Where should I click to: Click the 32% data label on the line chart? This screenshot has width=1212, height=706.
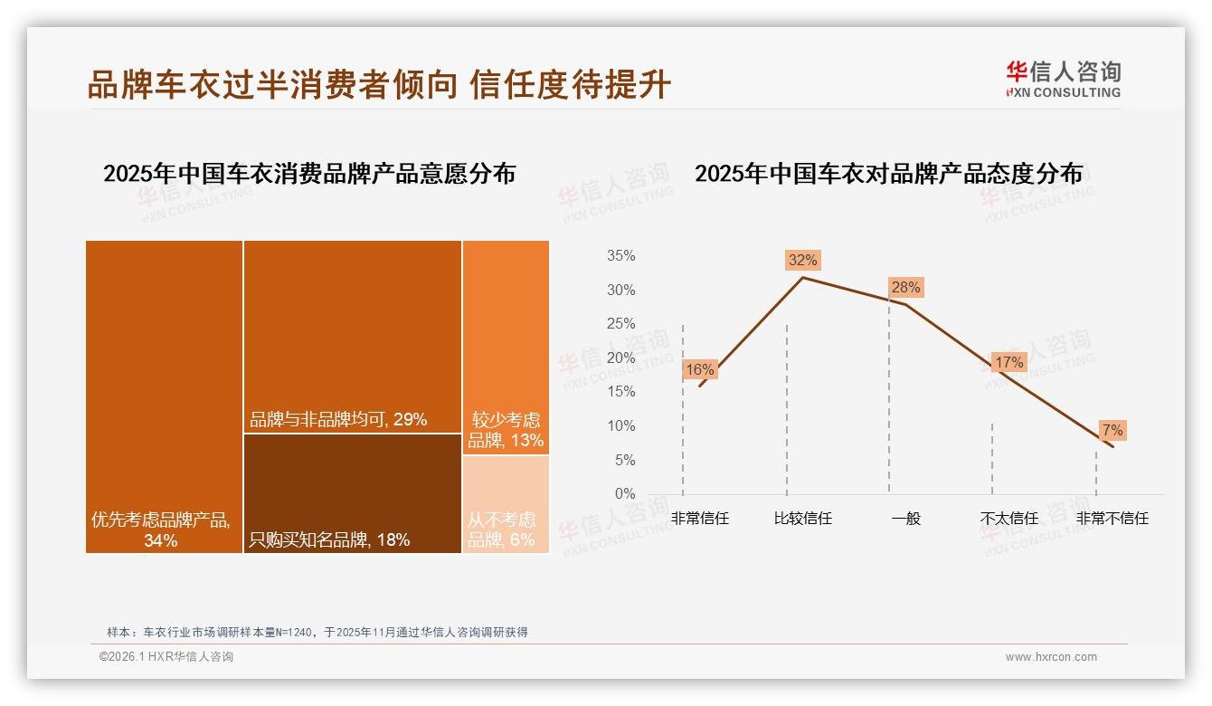point(802,260)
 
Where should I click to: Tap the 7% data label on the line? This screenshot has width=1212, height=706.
point(1112,430)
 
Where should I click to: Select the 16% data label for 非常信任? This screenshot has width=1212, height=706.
point(699,369)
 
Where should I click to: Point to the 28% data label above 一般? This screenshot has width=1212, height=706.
point(905,288)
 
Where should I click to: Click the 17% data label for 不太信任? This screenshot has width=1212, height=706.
point(1008,363)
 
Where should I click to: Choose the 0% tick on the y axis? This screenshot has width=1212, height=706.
point(624,494)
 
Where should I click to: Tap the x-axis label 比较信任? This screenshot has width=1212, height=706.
point(802,519)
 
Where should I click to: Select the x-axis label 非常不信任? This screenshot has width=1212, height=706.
point(1112,519)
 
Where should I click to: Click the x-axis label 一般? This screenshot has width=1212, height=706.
point(905,519)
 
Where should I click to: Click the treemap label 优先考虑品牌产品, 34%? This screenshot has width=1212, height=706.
point(161,530)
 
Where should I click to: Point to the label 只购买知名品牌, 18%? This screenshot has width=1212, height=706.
point(329,540)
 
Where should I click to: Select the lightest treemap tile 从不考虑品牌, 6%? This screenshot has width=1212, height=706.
point(506,504)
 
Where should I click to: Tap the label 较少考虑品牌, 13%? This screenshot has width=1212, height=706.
point(506,431)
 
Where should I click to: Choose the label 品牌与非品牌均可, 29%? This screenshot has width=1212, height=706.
point(338,420)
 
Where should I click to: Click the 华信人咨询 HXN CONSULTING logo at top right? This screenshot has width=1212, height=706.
point(1063,80)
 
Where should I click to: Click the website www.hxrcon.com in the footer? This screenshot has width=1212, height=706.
point(1051,657)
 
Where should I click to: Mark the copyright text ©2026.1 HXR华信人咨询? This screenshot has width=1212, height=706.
point(166,657)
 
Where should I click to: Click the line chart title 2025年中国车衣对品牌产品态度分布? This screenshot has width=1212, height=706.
point(888,174)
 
